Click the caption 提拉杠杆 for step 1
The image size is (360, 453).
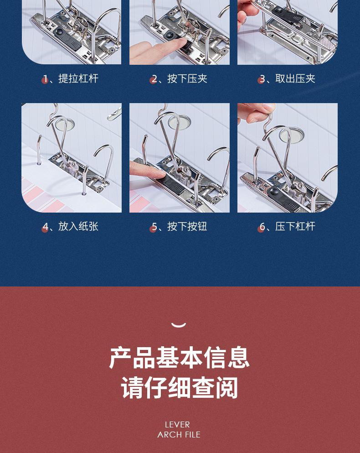pyautogui.click(x=78, y=78)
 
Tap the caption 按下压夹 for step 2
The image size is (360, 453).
pyautogui.click(x=187, y=78)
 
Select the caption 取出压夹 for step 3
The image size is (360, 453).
pyautogui.click(x=295, y=78)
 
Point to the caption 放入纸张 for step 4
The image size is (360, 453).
pyautogui.click(x=78, y=226)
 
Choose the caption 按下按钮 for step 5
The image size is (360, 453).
pyautogui.click(x=187, y=226)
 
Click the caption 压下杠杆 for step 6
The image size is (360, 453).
pyautogui.click(x=295, y=226)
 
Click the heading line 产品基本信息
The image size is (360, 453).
pyautogui.click(x=179, y=358)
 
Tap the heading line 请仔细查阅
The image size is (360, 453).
pyautogui.click(x=179, y=388)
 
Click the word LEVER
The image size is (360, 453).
pyautogui.click(x=177, y=425)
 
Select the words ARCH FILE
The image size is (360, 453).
pyautogui.click(x=179, y=434)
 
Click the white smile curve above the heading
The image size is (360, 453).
pyautogui.click(x=179, y=325)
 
